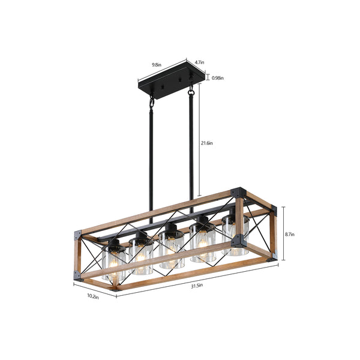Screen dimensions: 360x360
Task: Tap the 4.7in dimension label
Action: (200, 62)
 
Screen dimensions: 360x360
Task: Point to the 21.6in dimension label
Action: (206, 143)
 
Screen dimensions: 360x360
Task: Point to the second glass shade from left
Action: (142, 256)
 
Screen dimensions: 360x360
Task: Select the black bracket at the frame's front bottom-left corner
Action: (77, 275)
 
